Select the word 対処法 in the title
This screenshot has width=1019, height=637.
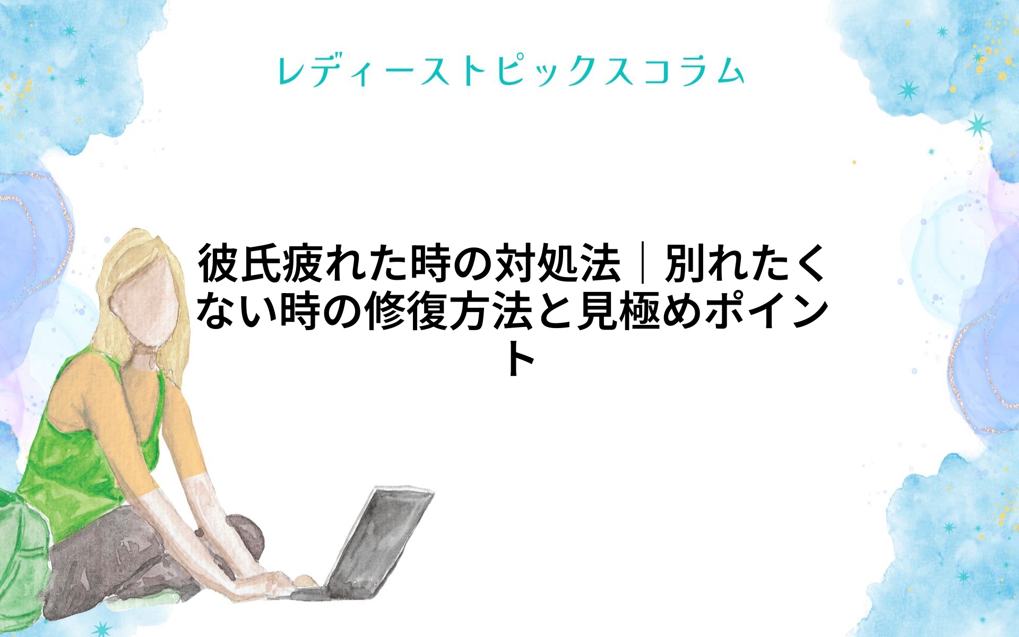click(558, 263)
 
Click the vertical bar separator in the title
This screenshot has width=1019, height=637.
click(643, 263)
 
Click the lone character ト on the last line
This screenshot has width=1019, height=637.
click(520, 359)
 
